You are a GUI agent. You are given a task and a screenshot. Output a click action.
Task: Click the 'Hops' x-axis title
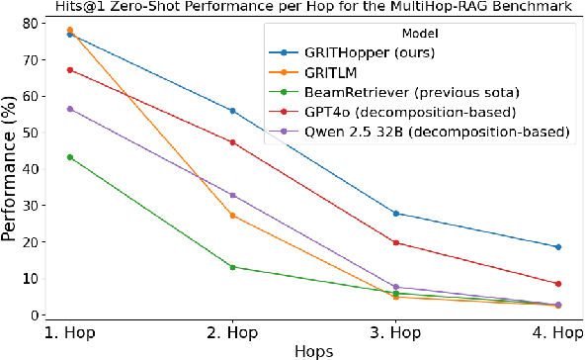313,350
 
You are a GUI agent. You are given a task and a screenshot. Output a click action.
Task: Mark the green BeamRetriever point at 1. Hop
69,157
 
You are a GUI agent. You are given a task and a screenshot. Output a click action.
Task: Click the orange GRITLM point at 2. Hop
232,216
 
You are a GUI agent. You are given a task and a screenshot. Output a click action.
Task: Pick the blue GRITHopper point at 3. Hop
395,214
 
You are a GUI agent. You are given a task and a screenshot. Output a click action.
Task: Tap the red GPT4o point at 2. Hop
232,142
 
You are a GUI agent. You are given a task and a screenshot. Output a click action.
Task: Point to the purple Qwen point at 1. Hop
69,109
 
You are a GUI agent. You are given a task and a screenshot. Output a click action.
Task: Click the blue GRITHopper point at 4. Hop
558,247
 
